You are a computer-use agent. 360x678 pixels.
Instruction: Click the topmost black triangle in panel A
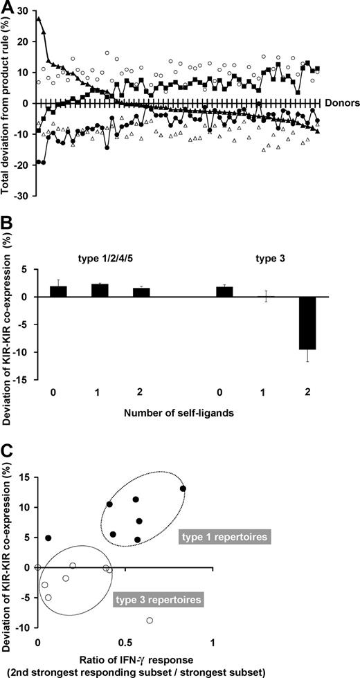(x=38, y=19)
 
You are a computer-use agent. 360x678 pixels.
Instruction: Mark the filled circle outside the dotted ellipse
(x=48, y=538)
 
